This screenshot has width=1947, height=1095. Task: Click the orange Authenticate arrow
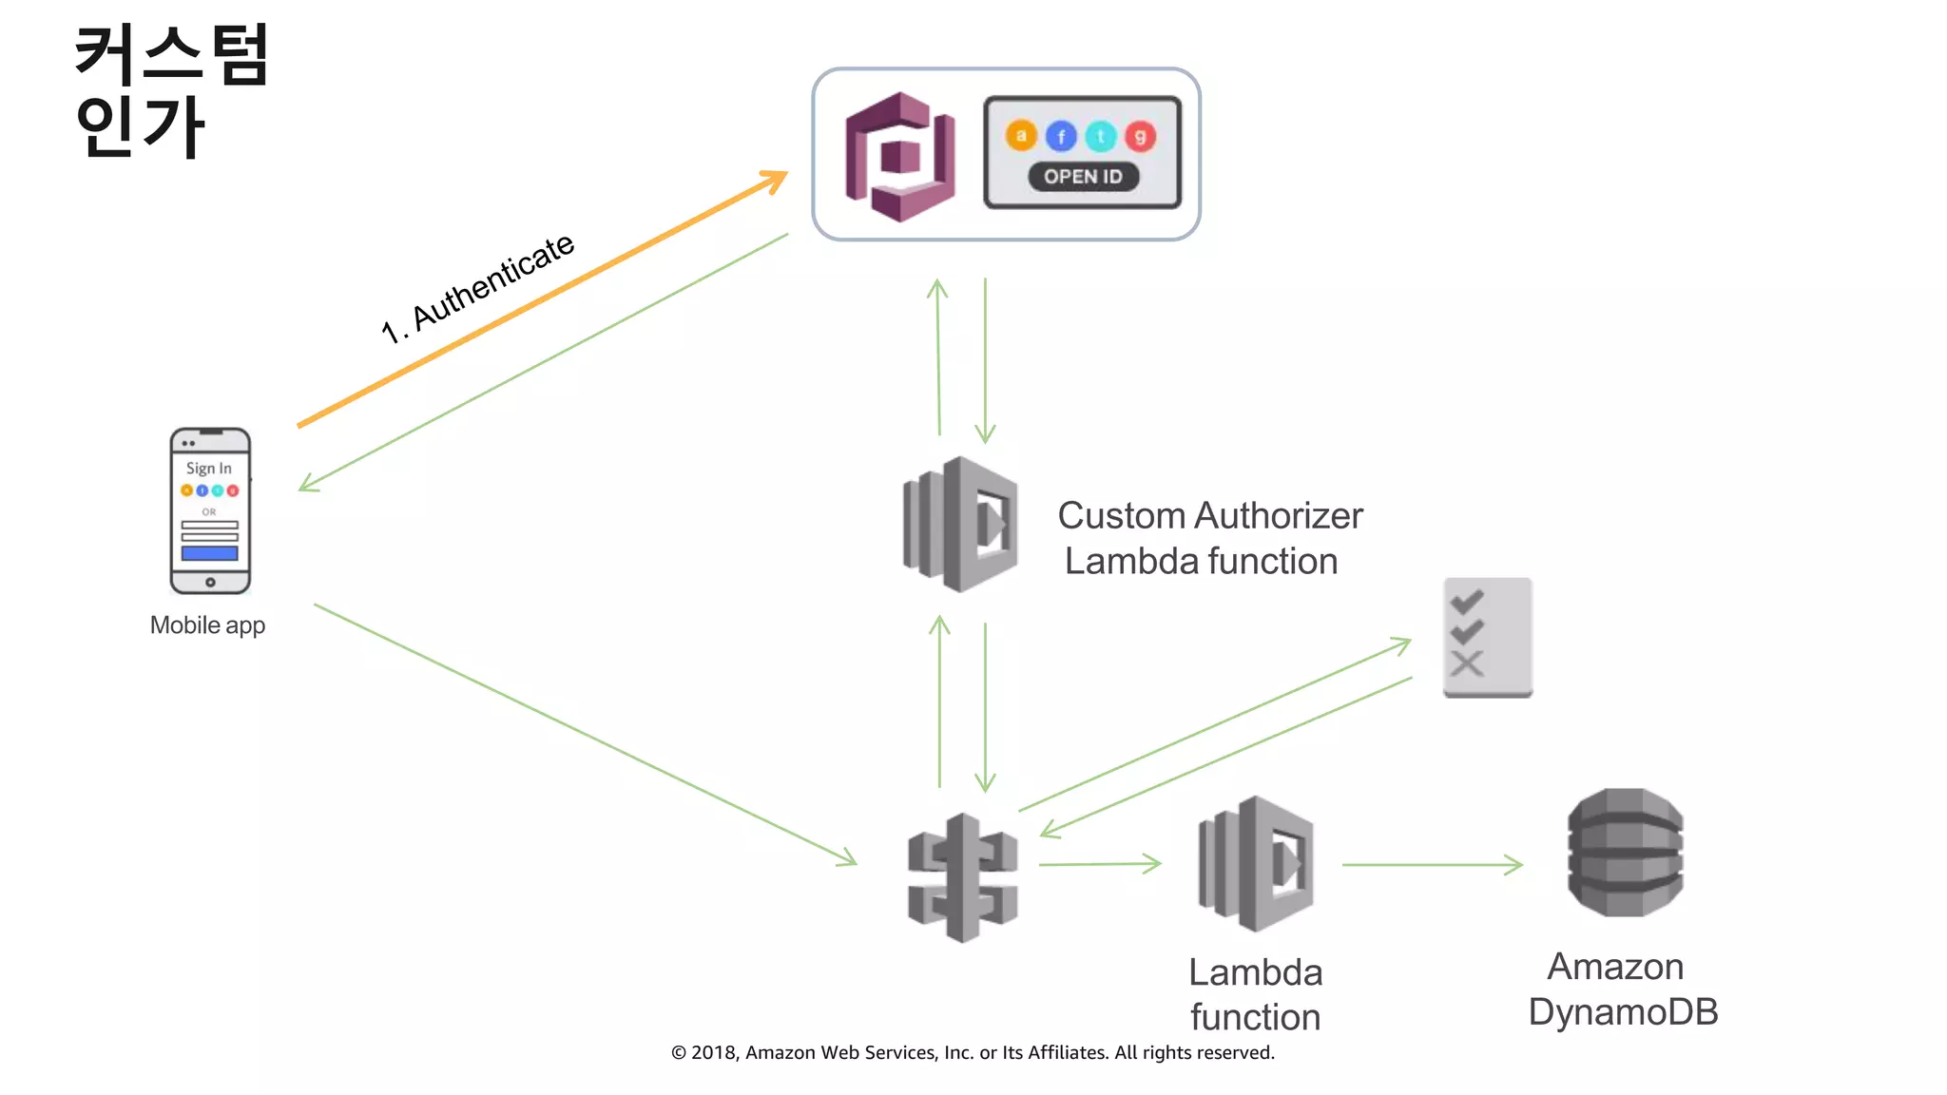pyautogui.click(x=542, y=300)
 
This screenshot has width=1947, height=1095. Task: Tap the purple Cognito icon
pyautogui.click(x=900, y=157)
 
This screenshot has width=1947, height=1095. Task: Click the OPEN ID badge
pyautogui.click(x=1083, y=177)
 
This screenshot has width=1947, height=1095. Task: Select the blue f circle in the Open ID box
pyautogui.click(x=1061, y=137)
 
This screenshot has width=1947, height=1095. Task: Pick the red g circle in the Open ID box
pyautogui.click(x=1140, y=137)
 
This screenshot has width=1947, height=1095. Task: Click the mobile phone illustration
pyautogui.click(x=210, y=511)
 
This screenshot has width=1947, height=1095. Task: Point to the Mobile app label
pyautogui.click(x=207, y=625)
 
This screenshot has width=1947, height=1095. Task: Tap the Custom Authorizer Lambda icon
pyautogui.click(x=960, y=524)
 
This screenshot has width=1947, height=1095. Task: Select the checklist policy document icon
pyautogui.click(x=1487, y=638)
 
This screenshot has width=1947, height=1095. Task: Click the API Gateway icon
pyautogui.click(x=962, y=877)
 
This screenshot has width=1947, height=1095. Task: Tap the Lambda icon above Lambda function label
pyautogui.click(x=1256, y=863)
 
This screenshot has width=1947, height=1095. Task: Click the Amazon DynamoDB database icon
pyautogui.click(x=1625, y=853)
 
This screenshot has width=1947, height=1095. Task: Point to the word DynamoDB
pyautogui.click(x=1623, y=1012)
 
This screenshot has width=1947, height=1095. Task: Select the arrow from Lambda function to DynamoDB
pyautogui.click(x=1431, y=865)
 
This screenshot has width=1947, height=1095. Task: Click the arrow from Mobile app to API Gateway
pyautogui.click(x=585, y=734)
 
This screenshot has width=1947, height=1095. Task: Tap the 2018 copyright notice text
pyautogui.click(x=972, y=1052)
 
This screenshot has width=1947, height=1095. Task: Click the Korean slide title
pyautogui.click(x=171, y=90)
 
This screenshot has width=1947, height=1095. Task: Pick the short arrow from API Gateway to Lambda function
pyautogui.click(x=1100, y=864)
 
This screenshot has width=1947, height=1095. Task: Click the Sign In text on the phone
pyautogui.click(x=208, y=469)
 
